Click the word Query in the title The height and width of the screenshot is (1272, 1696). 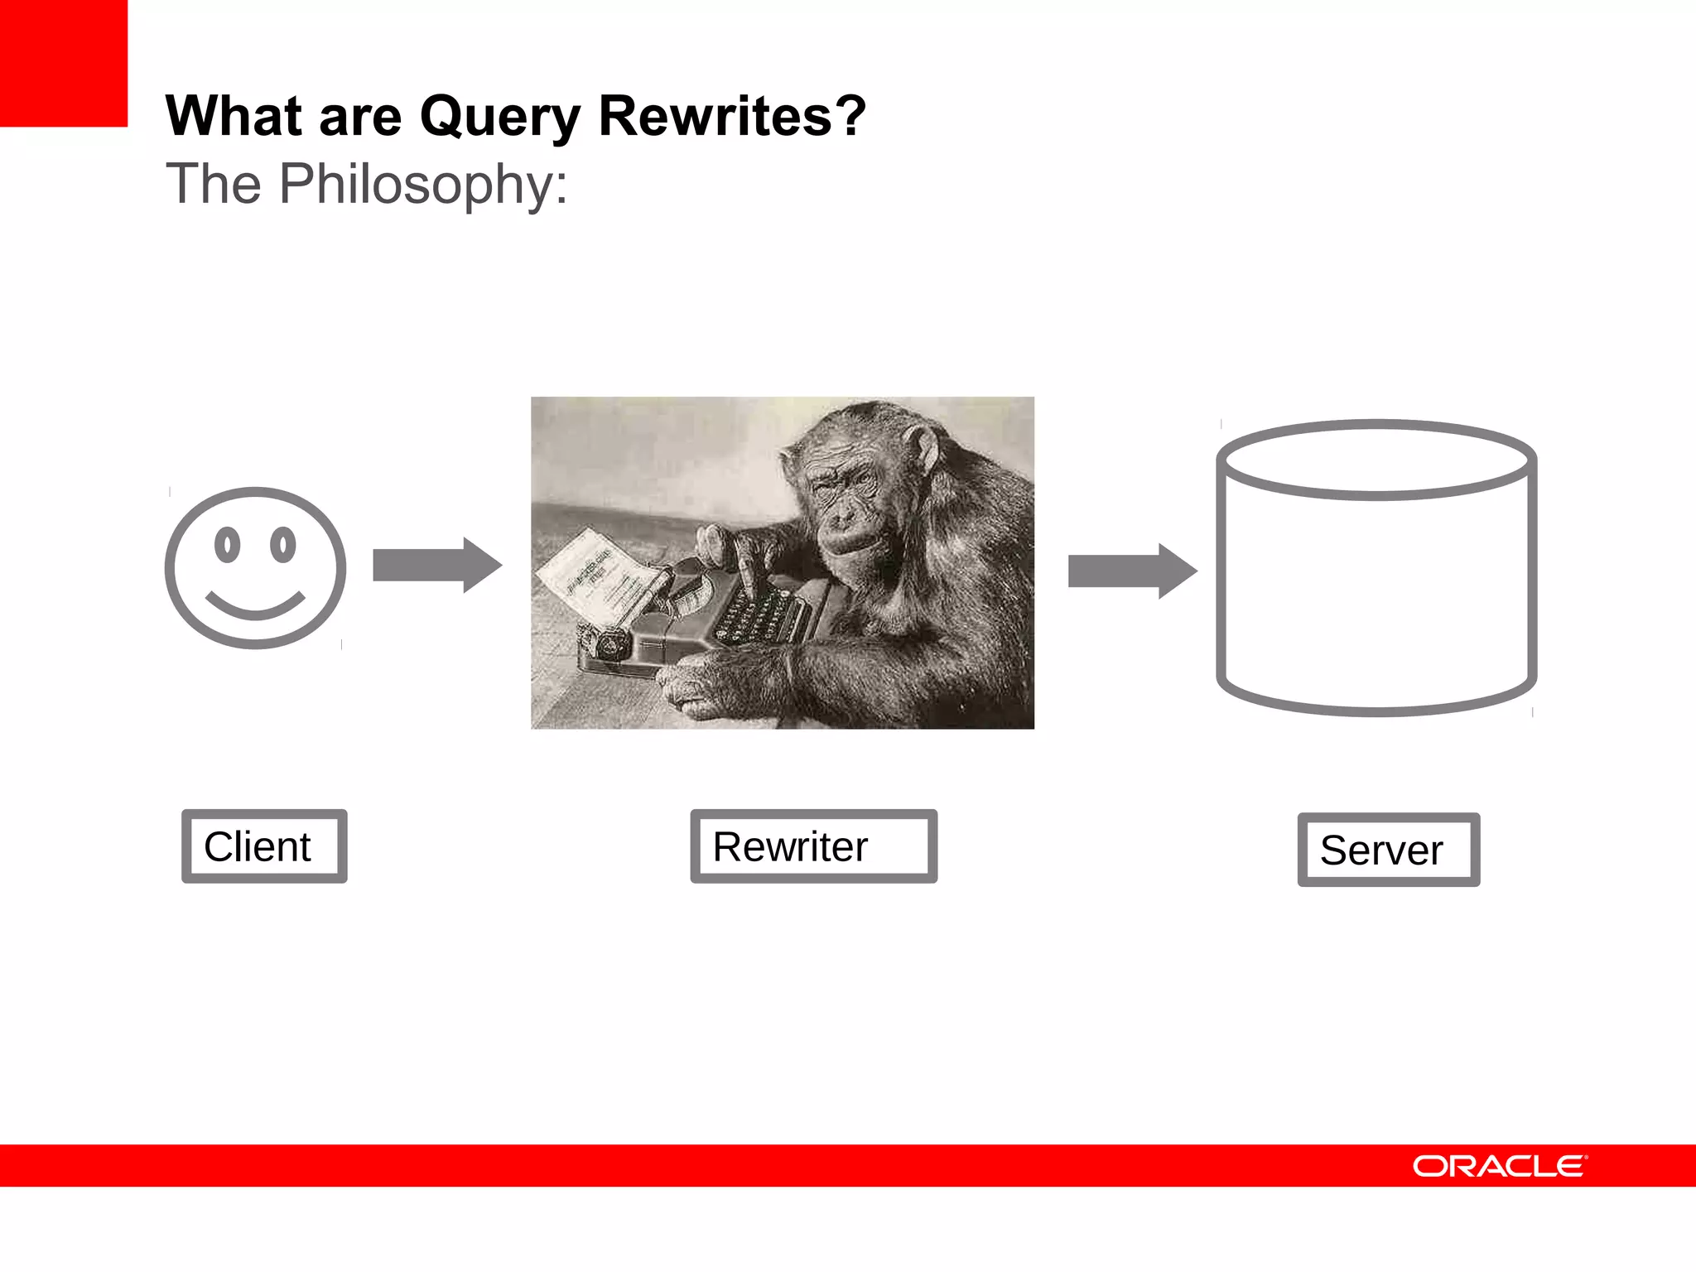tap(500, 117)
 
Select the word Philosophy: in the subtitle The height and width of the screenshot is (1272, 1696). tap(423, 183)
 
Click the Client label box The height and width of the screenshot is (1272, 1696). tap(264, 846)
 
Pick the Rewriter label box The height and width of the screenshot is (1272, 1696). tap(813, 846)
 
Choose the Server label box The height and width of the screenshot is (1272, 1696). tap(1388, 850)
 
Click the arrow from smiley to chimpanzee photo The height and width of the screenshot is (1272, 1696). tap(436, 566)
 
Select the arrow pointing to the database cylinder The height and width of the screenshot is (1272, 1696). tap(1132, 571)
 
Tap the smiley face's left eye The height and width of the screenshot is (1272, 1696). tap(227, 545)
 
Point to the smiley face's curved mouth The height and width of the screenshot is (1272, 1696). tap(255, 608)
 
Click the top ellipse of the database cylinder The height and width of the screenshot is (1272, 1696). tap(1376, 460)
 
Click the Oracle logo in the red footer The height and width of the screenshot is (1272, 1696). tap(1500, 1166)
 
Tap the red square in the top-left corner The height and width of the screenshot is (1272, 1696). tap(63, 63)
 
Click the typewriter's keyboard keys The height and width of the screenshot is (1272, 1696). tap(758, 618)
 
